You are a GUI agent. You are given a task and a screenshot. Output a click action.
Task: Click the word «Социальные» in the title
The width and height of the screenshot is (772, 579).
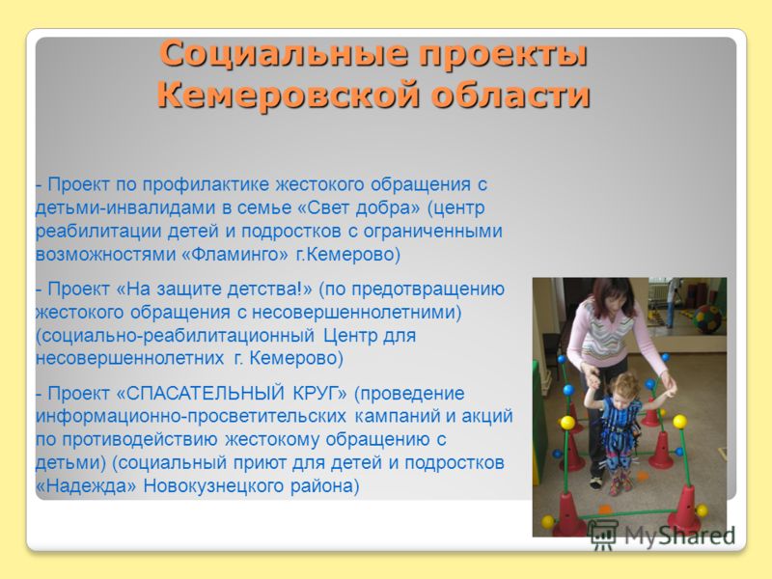(x=284, y=53)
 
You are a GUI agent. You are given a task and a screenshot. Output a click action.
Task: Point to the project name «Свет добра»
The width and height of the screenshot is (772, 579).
(x=359, y=207)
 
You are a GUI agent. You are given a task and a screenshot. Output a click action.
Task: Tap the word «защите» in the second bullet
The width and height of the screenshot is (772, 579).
(x=189, y=289)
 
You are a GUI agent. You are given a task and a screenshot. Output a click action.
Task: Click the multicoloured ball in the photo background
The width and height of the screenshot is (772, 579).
(x=706, y=320)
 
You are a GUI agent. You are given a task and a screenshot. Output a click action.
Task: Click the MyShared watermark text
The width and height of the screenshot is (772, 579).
(x=680, y=536)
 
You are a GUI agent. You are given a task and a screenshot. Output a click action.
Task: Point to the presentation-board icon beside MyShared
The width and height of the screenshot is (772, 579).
(x=604, y=535)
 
